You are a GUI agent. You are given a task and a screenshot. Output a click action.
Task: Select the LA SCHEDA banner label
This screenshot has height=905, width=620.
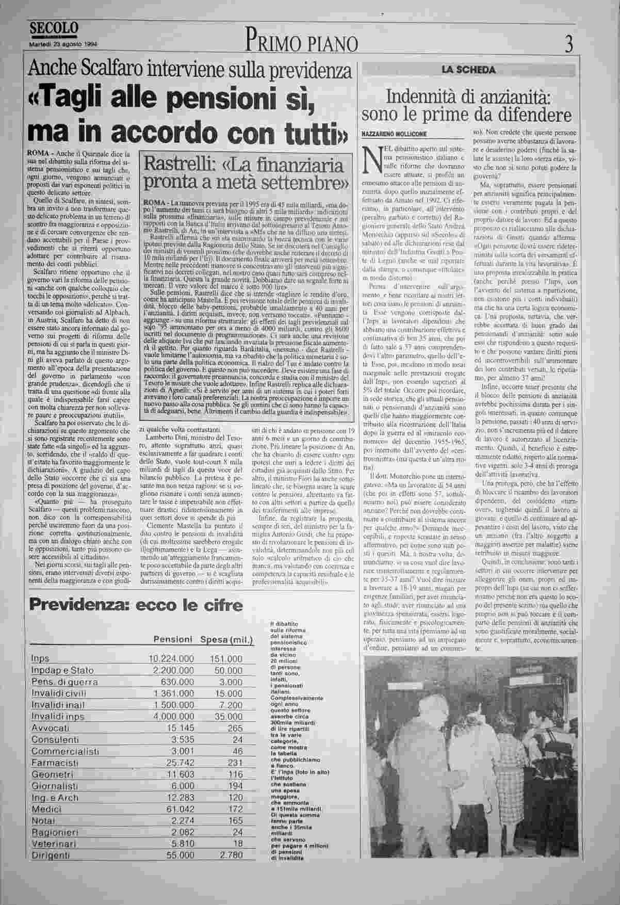tap(468, 70)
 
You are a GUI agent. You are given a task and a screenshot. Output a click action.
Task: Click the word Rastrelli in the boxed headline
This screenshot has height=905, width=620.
tap(175, 165)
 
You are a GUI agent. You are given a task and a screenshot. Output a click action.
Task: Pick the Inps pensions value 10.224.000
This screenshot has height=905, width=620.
tap(171, 659)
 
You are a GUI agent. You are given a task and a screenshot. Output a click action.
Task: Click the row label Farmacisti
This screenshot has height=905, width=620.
tap(55, 763)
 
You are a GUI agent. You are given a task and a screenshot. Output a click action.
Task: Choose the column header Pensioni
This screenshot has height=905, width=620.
tap(173, 640)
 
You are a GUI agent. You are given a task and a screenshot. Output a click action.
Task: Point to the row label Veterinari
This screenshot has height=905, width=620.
tap(54, 844)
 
